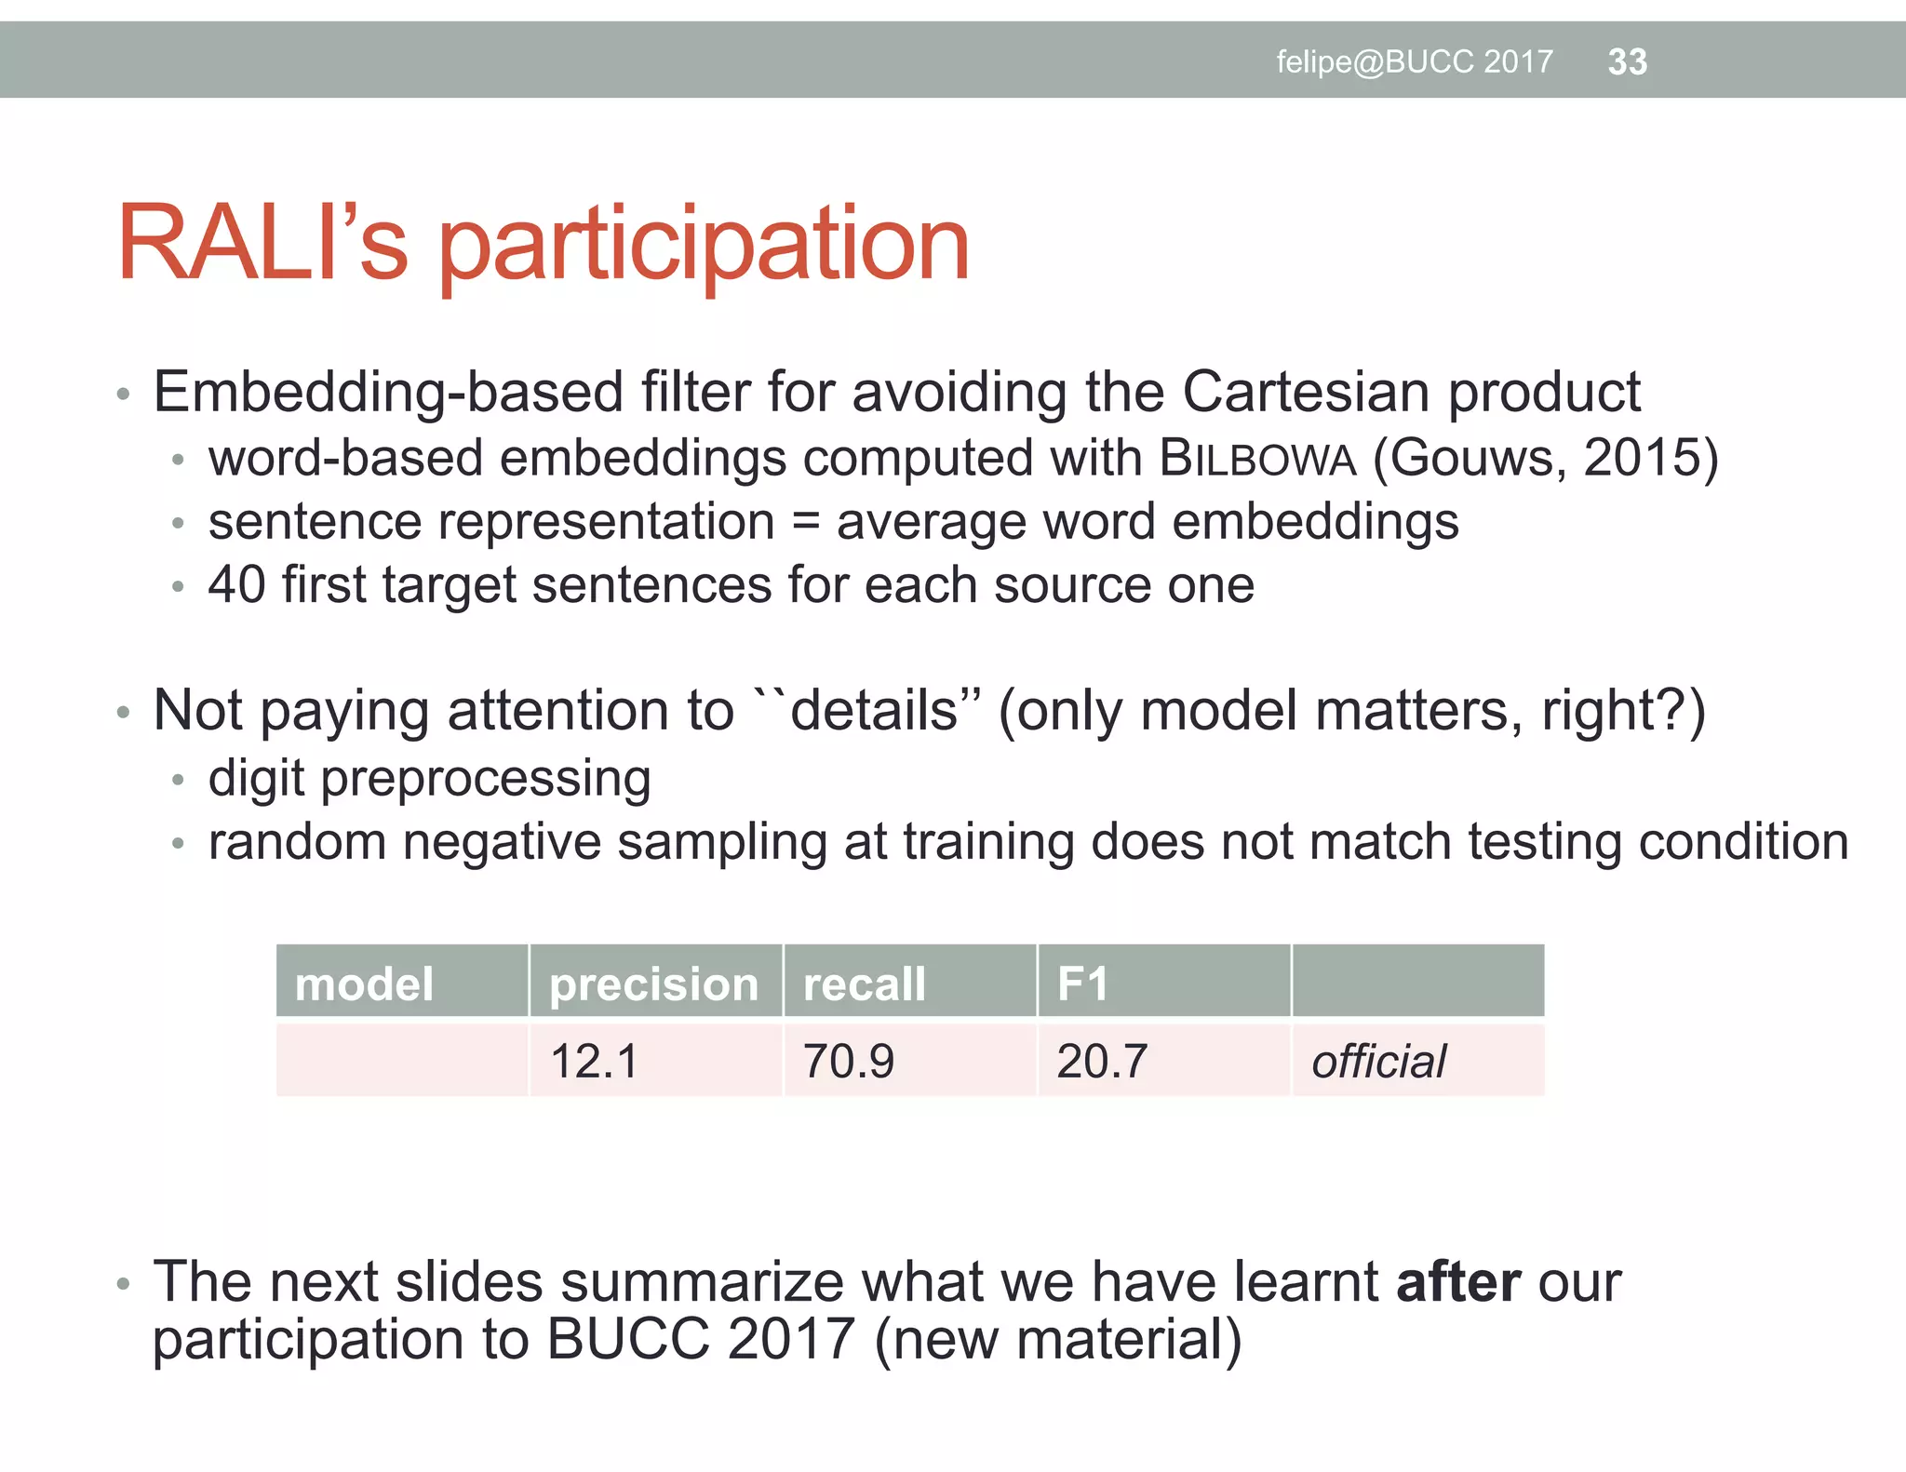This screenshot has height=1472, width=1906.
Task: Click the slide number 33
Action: tap(1627, 62)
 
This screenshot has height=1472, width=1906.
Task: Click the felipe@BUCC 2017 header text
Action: tap(1414, 62)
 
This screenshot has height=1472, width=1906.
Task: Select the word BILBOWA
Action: tap(1258, 459)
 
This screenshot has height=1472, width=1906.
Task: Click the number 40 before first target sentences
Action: tap(236, 585)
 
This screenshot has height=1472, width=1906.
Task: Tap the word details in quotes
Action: tap(874, 712)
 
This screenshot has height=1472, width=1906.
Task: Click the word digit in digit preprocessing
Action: tap(256, 779)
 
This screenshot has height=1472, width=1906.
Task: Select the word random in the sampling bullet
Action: tap(297, 842)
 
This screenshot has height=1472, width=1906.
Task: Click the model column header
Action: tap(364, 984)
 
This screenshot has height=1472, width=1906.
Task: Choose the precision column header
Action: tap(653, 984)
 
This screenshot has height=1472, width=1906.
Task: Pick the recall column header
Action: tap(864, 984)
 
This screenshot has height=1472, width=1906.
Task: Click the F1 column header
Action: tap(1082, 984)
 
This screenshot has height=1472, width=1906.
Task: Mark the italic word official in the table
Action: tap(1378, 1062)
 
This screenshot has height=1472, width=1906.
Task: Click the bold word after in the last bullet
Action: tap(1458, 1282)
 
